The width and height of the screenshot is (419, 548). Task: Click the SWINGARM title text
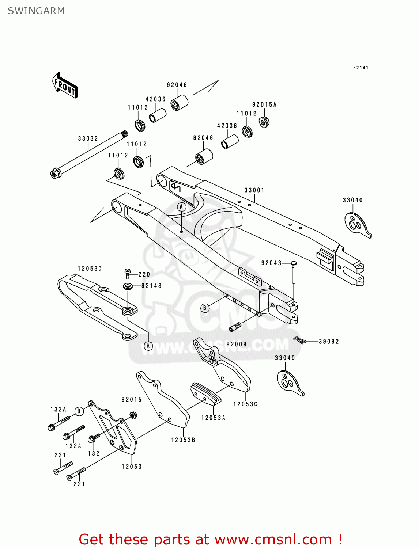point(36,11)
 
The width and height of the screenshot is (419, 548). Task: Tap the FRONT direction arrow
point(65,85)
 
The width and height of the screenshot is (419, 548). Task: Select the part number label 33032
point(88,138)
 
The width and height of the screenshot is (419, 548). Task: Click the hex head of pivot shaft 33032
point(55,173)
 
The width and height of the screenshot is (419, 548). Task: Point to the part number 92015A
point(264,104)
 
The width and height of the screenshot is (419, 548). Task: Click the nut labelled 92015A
point(264,121)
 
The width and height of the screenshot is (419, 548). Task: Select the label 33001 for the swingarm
point(254,190)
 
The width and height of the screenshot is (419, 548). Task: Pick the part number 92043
point(271,263)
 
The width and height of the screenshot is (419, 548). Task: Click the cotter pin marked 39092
point(299,341)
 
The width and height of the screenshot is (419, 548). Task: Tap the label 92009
point(236,344)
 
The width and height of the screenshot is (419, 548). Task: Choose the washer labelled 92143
point(128,286)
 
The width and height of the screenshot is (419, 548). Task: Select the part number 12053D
point(90,269)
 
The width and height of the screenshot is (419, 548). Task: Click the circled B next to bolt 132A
point(79,411)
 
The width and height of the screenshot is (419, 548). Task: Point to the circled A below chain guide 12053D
point(148,345)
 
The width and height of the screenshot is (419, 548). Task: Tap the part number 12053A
point(213,418)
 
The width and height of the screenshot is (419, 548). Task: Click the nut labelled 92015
point(133,415)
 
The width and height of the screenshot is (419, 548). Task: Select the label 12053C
point(245,404)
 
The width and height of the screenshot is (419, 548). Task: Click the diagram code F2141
point(361,68)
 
